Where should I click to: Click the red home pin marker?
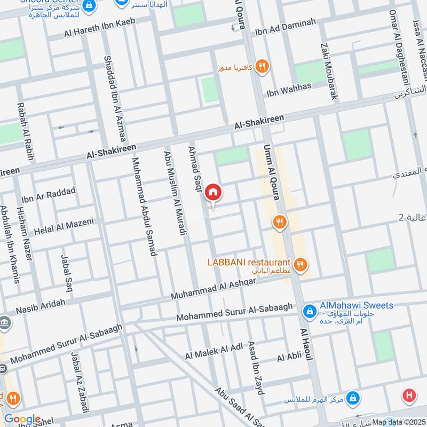click(213, 192)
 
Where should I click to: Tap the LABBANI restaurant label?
click(249, 263)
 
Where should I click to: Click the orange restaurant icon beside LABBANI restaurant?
click(301, 263)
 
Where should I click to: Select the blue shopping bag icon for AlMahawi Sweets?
click(309, 311)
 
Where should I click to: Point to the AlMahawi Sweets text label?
click(356, 306)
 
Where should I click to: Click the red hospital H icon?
click(409, 396)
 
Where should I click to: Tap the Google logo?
click(22, 420)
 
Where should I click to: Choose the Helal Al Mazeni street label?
click(64, 227)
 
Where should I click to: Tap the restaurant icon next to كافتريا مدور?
click(262, 67)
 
